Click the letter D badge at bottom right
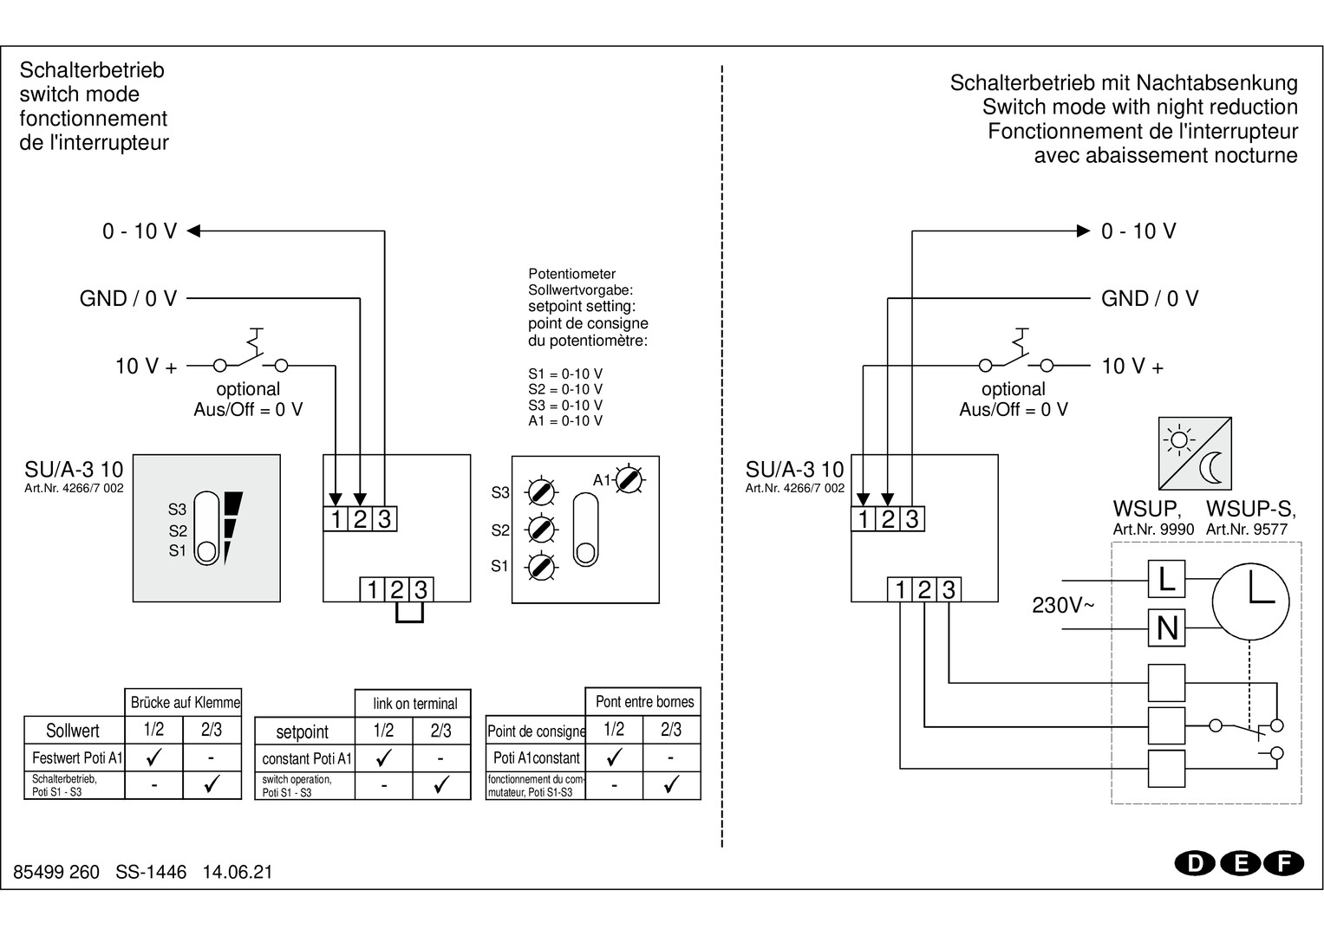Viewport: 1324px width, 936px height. pyautogui.click(x=1196, y=863)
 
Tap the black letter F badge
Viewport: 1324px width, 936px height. pyautogui.click(x=1284, y=863)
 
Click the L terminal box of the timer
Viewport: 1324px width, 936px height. pyautogui.click(x=1166, y=579)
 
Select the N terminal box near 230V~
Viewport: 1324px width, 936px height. pyautogui.click(x=1166, y=627)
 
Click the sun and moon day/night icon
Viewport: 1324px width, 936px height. pyautogui.click(x=1195, y=453)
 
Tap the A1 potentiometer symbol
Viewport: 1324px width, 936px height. pyautogui.click(x=629, y=478)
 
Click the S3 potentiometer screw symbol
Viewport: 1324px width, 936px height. pyautogui.click(x=541, y=492)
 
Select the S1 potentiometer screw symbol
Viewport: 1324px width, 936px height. pyautogui.click(x=541, y=566)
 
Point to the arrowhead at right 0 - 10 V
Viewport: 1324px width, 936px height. pyautogui.click(x=1082, y=231)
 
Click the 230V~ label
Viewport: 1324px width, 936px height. pyautogui.click(x=1062, y=605)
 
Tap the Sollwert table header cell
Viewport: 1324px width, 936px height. pyautogui.click(x=73, y=731)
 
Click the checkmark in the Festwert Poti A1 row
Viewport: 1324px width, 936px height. pyautogui.click(x=154, y=757)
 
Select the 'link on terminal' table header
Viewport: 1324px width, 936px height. pyautogui.click(x=414, y=704)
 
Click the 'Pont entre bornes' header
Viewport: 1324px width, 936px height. pyautogui.click(x=644, y=701)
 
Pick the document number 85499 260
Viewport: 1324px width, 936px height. pyautogui.click(x=56, y=872)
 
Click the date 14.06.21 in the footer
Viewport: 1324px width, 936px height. pyautogui.click(x=238, y=872)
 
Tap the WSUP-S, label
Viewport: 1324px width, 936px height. pyautogui.click(x=1250, y=509)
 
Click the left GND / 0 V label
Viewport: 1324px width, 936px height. pyautogui.click(x=128, y=298)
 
